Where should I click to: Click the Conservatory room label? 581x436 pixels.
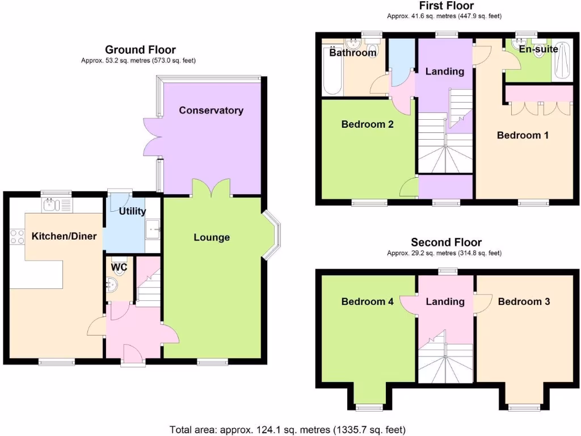(x=211, y=110)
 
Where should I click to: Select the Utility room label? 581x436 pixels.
(x=132, y=211)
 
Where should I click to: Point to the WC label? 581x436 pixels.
(x=119, y=266)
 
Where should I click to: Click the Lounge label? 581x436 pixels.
(x=212, y=237)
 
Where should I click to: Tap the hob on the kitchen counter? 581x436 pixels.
(x=16, y=236)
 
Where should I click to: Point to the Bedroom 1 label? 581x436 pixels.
(x=523, y=135)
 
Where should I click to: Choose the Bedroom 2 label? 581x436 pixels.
(x=367, y=124)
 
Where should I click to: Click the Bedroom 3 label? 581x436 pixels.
(x=524, y=301)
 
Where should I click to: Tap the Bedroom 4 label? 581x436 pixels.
(x=367, y=301)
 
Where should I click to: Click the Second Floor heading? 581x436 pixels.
(x=446, y=242)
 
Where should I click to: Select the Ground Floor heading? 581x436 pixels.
(x=140, y=50)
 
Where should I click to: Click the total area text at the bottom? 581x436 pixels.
(x=288, y=429)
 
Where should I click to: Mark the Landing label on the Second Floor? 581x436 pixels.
(x=445, y=301)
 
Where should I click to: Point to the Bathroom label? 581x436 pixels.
(x=353, y=53)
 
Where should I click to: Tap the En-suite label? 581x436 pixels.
(x=539, y=49)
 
